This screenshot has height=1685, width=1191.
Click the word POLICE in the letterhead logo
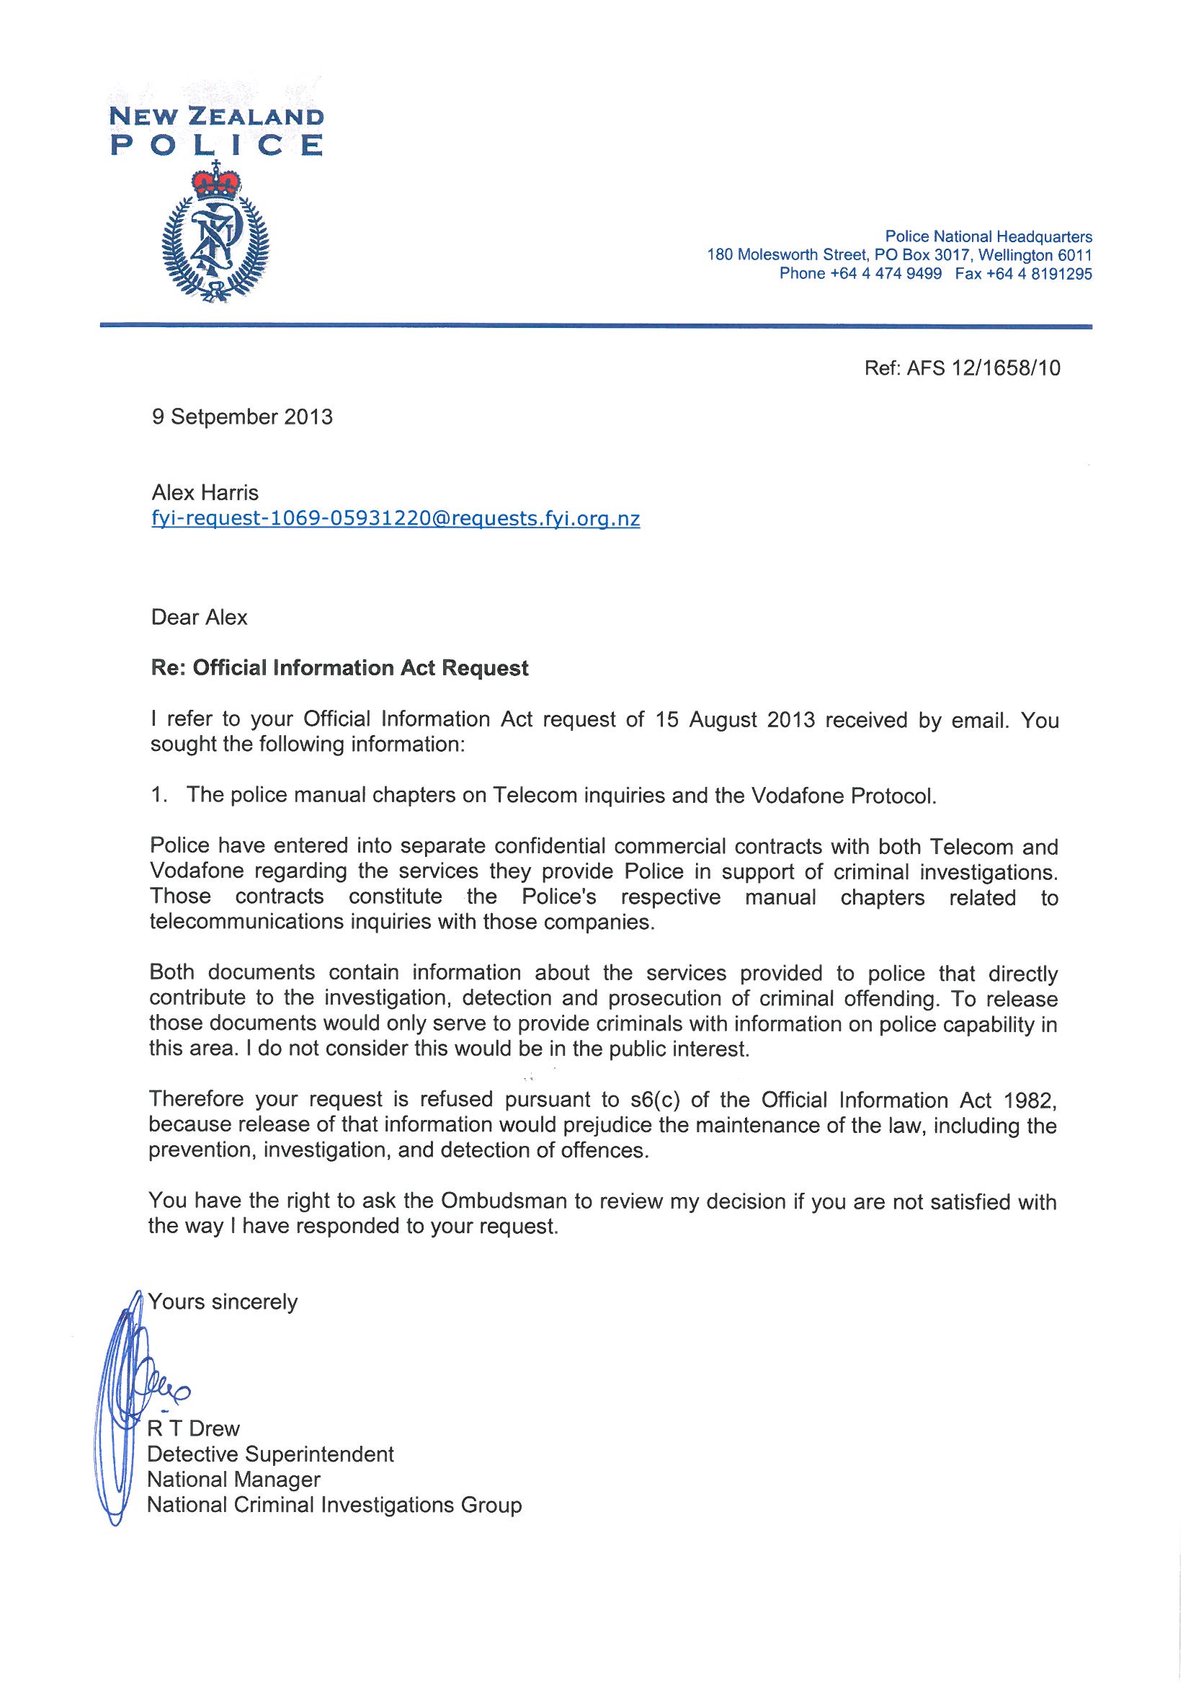pos(215,145)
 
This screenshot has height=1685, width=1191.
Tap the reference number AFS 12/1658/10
pos(983,368)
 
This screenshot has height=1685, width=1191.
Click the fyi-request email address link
pos(395,520)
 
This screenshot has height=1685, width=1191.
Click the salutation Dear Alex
pos(199,617)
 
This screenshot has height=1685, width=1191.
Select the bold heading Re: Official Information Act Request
pos(339,669)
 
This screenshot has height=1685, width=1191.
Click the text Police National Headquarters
pos(988,237)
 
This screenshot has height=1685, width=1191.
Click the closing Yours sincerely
pos(223,1302)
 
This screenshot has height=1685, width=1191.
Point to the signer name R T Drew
pos(194,1428)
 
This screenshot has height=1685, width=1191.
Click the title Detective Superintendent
pos(271,1454)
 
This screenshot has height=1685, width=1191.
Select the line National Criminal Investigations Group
pos(334,1506)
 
